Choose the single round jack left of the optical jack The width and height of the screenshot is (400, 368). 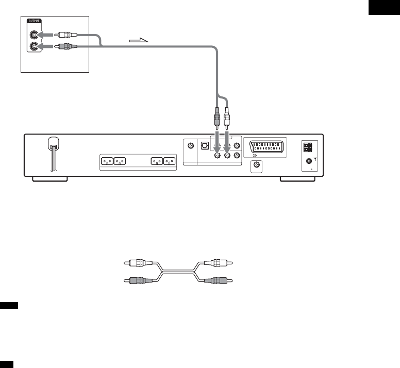click(x=191, y=146)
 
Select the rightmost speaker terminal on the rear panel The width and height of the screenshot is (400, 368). click(x=170, y=161)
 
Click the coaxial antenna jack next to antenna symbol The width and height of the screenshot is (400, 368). click(x=309, y=161)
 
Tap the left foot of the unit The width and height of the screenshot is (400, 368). click(x=49, y=179)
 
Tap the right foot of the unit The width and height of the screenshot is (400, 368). click(x=297, y=179)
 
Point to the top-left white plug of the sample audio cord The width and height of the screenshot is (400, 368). click(x=137, y=263)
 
